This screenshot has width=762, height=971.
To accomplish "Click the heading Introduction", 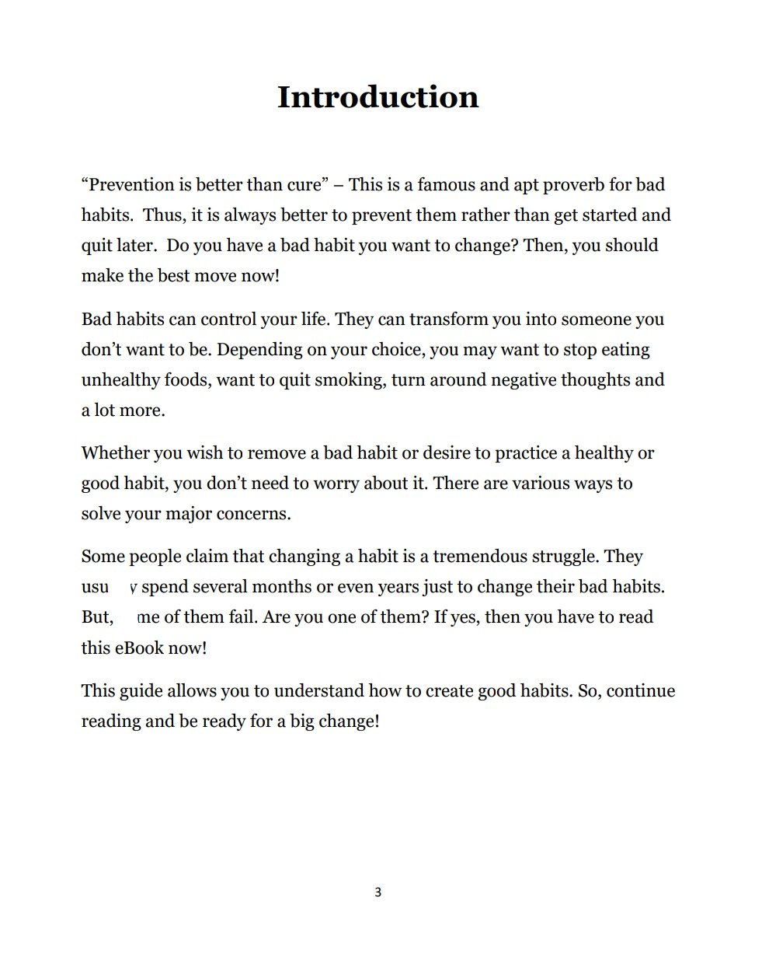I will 378,97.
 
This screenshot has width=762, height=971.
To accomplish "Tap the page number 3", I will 378,892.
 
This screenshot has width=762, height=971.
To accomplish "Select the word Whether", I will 115,453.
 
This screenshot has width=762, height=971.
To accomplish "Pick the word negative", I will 522,380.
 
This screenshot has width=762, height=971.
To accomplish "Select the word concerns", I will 255,514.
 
